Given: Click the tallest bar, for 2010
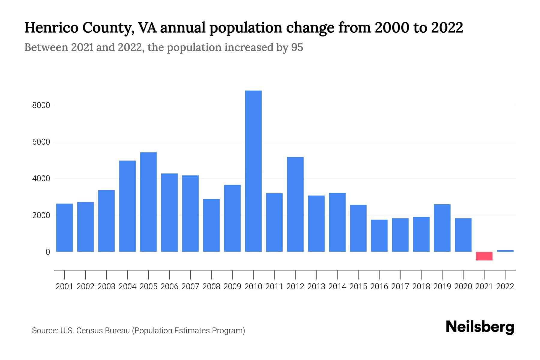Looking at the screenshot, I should click(253, 171).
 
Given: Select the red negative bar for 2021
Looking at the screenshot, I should click(484, 256).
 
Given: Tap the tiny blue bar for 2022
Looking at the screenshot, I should click(505, 250).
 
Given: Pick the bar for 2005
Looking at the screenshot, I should click(148, 202).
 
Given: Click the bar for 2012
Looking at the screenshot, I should click(295, 204).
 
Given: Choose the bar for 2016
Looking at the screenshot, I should click(379, 235).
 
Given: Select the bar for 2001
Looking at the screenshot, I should click(64, 227).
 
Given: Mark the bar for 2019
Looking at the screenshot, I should click(442, 228).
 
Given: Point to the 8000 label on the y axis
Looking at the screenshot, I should click(41, 105).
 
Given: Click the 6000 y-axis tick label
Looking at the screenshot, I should click(41, 142).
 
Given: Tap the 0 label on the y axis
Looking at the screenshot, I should click(48, 252).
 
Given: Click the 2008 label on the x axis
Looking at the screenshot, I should click(211, 286).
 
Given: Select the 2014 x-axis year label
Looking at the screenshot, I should click(337, 286).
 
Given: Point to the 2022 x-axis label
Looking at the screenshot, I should click(505, 286).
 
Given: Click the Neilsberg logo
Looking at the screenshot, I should click(480, 327).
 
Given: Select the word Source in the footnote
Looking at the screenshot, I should click(45, 331).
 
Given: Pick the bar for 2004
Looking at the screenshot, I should click(127, 206).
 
